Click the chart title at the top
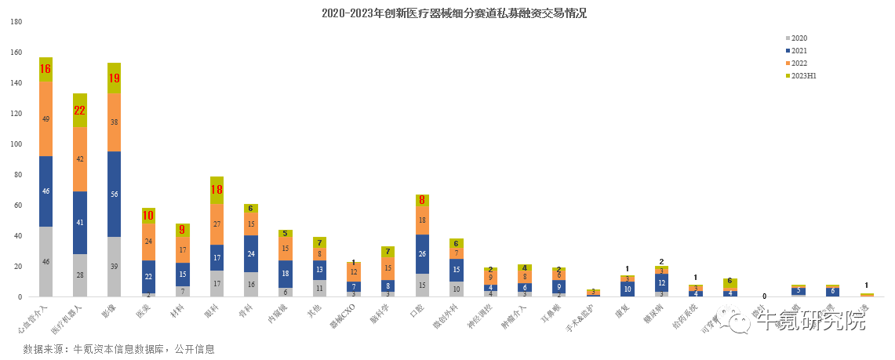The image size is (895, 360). pos(454,13)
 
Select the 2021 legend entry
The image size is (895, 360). pos(799,50)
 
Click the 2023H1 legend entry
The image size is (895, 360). pos(804,75)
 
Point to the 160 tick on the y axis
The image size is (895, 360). pos(16,53)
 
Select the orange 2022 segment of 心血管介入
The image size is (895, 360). pos(45,118)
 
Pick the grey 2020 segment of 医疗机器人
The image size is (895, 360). pos(80,275)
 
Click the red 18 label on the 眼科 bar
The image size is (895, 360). pos(216,189)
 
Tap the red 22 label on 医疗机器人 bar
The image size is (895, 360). pos(80,111)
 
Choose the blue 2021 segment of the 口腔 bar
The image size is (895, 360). pos(422,253)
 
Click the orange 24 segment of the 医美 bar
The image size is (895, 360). pos(148,242)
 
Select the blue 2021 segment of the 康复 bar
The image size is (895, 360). pos(628,289)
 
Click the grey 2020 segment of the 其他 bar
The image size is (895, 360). pos(319,288)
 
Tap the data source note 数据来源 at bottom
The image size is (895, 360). pos(118,349)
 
